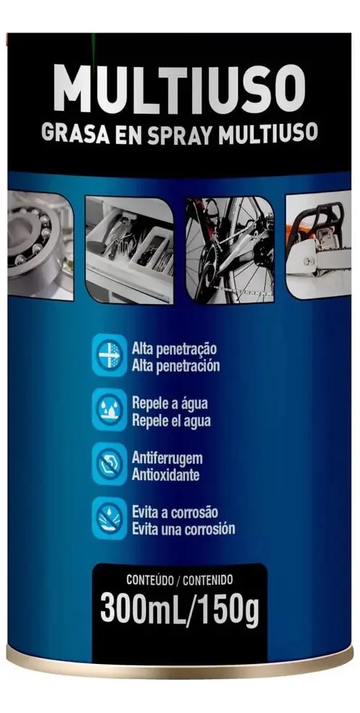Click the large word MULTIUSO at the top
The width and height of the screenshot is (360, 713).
179,89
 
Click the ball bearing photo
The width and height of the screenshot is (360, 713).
40,245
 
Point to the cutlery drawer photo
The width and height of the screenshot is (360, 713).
130,249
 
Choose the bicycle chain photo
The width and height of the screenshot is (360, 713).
230,249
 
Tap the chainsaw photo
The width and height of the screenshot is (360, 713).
318,245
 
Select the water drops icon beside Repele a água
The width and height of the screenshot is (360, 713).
109,410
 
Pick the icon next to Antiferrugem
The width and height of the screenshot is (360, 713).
109,464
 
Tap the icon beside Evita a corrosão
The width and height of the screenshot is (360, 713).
109,519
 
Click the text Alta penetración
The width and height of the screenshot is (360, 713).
176,366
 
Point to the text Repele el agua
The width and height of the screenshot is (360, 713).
171,421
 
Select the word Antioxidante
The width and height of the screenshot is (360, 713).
166,475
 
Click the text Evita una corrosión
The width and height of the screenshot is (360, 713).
183,529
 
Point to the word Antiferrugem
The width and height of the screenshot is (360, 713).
167,458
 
